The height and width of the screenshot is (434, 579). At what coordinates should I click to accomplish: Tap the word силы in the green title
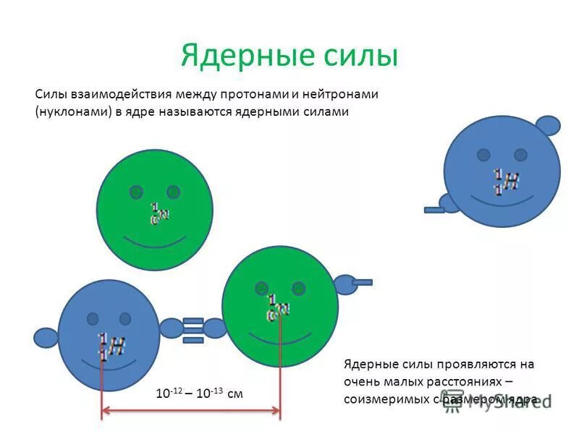point(362,56)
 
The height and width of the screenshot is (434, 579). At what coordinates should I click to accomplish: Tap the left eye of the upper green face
point(136,192)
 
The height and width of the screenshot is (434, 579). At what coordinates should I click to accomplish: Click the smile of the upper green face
point(155,241)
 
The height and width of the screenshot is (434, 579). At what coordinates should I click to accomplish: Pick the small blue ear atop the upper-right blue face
point(548,126)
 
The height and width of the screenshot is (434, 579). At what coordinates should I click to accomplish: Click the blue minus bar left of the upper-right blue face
point(434,210)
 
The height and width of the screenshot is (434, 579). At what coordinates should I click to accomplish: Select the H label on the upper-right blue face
point(511,181)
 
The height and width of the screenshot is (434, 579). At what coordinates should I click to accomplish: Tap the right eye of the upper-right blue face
point(520,155)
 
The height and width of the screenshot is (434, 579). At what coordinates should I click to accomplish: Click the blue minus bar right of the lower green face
point(362,282)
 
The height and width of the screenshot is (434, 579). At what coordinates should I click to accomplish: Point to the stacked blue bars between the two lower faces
point(193,327)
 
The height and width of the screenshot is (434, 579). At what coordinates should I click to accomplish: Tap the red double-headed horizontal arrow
point(190,411)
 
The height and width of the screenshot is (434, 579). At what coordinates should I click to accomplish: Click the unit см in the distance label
point(235,393)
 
